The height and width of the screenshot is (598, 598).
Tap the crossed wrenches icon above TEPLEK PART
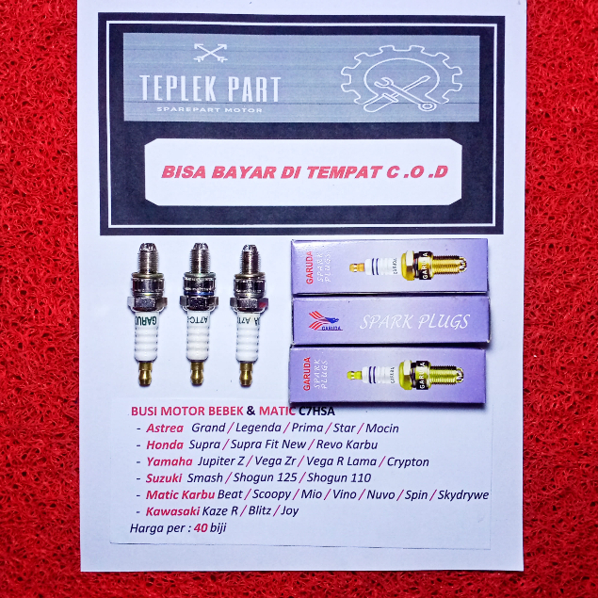pyautogui.click(x=209, y=53)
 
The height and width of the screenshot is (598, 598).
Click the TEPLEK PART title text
pyautogui.click(x=210, y=89)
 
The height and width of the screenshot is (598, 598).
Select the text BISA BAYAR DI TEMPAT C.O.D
pyautogui.click(x=304, y=173)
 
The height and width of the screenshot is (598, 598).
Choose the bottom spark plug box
pyautogui.click(x=389, y=374)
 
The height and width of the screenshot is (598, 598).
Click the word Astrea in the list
pyautogui.click(x=165, y=428)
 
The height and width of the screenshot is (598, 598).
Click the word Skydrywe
pyautogui.click(x=460, y=494)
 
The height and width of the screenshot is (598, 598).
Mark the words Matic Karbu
pyautogui.click(x=179, y=494)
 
